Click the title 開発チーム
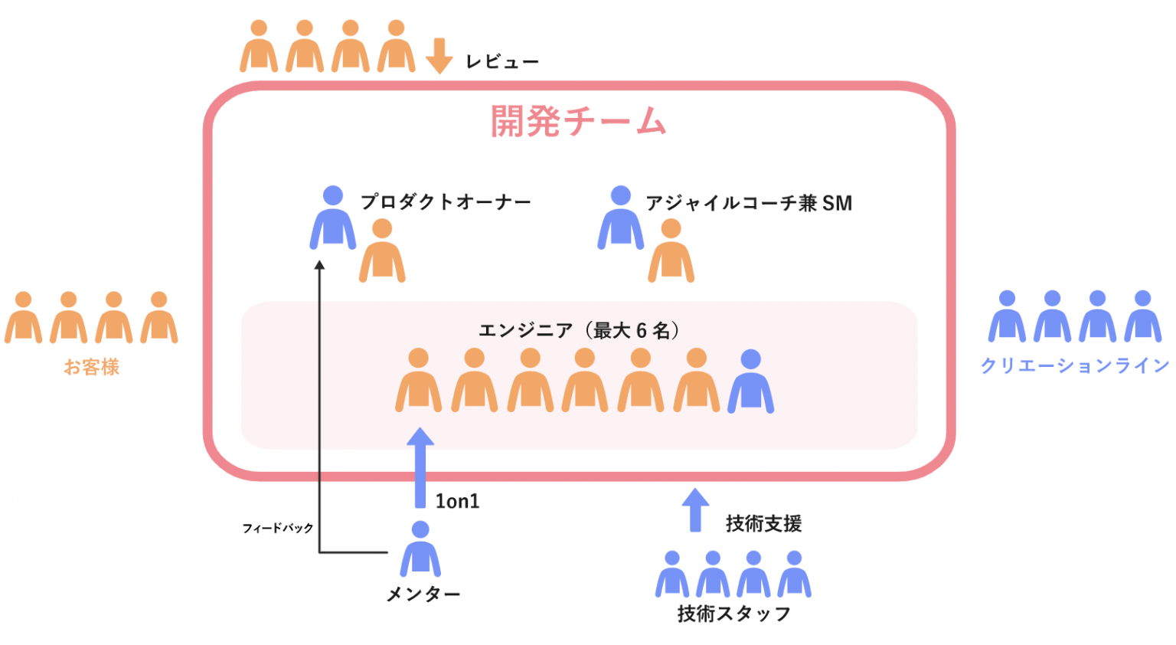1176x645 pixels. (578, 121)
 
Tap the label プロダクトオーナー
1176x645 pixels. (446, 202)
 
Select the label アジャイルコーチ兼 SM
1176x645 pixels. (748, 203)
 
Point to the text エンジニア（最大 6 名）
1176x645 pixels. (579, 331)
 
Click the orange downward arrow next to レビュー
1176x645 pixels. (439, 55)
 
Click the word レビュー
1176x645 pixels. (502, 62)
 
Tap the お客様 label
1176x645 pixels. (91, 368)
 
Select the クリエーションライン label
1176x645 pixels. (1075, 366)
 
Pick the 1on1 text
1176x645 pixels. (457, 502)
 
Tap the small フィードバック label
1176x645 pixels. (277, 529)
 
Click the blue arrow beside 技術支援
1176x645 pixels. (695, 509)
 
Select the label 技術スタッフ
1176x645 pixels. (733, 614)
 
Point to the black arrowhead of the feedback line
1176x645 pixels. (320, 265)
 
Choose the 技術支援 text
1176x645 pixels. (763, 524)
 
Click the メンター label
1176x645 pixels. (423, 594)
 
